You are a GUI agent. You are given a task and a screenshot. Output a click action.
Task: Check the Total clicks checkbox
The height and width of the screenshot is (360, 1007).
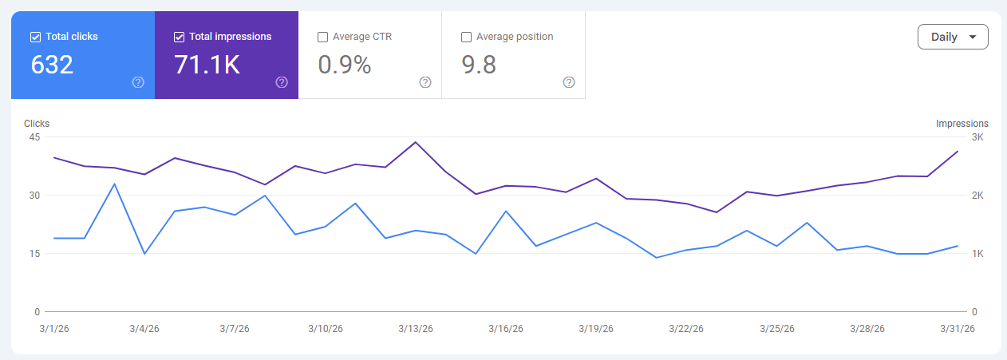pos(35,37)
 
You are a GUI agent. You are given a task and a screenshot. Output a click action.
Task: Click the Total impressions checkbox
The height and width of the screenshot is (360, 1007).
pos(179,37)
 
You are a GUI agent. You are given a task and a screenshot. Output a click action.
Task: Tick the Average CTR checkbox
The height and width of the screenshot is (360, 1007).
pos(322,37)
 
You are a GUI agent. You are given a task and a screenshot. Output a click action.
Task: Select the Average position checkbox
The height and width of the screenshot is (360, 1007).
pos(466,37)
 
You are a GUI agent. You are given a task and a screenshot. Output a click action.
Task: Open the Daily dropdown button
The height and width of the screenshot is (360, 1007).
pos(953,37)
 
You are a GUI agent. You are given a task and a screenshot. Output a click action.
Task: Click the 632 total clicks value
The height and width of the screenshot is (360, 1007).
pos(52,65)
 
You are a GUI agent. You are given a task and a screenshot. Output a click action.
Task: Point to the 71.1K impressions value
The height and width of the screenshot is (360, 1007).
pos(207,65)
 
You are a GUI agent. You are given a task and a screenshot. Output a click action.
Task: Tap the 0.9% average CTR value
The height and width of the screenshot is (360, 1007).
pos(344,65)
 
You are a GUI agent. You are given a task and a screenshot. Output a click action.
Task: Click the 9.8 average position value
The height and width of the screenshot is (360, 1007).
pos(479,65)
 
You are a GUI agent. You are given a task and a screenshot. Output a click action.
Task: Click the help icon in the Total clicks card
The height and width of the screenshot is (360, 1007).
pos(138,82)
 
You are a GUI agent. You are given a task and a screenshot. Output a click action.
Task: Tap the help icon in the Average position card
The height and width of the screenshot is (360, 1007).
pos(569,82)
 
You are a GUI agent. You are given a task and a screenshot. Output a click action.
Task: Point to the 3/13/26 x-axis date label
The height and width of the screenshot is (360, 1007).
pos(416,329)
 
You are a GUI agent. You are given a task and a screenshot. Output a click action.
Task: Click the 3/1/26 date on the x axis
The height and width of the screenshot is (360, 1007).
pos(53,329)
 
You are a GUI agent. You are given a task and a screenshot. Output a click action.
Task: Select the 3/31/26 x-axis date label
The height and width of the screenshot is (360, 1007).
pos(957,329)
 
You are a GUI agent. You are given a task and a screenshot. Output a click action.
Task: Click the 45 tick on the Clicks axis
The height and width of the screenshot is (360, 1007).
pos(34,137)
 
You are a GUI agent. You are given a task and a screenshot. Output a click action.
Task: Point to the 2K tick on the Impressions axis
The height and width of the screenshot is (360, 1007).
pos(977,196)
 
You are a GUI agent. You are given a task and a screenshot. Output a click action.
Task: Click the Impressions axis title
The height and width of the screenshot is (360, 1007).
pos(962,124)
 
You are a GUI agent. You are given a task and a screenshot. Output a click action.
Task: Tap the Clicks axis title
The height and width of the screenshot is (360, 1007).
pos(37,124)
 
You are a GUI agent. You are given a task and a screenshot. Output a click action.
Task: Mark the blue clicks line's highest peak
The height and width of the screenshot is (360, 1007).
pos(114,184)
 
